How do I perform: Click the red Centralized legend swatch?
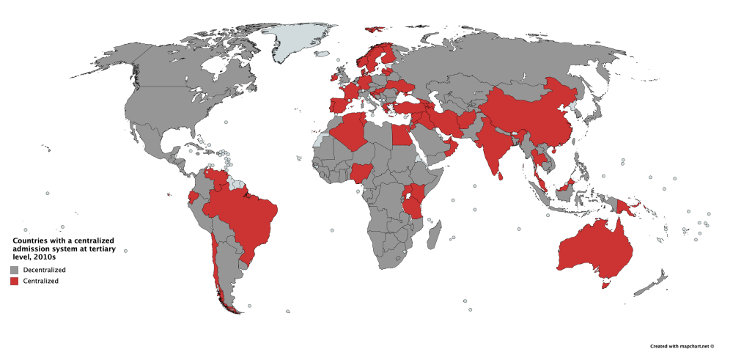click(14, 281)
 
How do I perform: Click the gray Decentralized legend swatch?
click(14, 271)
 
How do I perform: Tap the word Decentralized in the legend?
click(43, 271)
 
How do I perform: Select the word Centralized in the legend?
click(40, 281)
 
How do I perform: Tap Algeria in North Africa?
click(347, 132)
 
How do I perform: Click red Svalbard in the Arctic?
click(374, 29)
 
